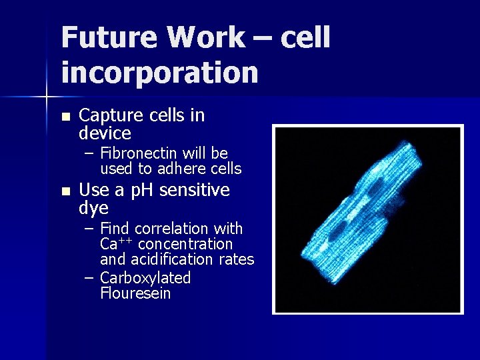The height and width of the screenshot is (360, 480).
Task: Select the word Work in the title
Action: [204, 37]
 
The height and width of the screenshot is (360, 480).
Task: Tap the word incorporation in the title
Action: [159, 72]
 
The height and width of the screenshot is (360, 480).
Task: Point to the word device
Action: [105, 133]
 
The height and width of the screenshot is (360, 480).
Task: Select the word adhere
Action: [182, 169]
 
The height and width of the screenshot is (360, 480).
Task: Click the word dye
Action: [93, 209]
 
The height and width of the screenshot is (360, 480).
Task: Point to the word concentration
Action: [185, 245]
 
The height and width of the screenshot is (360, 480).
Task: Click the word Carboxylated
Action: [145, 278]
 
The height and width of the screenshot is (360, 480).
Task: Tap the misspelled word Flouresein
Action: [135, 293]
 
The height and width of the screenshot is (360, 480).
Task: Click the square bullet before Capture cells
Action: [65, 117]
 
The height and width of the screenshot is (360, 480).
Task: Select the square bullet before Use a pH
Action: [65, 191]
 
